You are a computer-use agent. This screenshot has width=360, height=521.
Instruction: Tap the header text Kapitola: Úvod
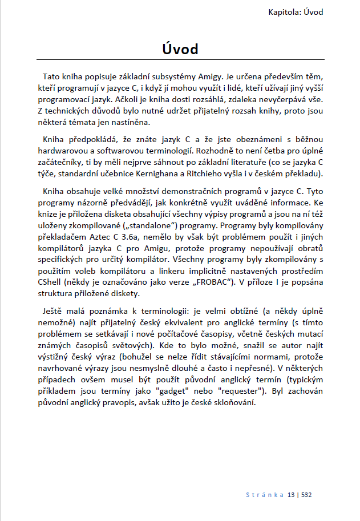pyautogui.click(x=300, y=11)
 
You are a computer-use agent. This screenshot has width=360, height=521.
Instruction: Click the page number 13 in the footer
pyautogui.click(x=292, y=494)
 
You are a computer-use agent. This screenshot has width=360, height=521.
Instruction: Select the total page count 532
pyautogui.click(x=307, y=494)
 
